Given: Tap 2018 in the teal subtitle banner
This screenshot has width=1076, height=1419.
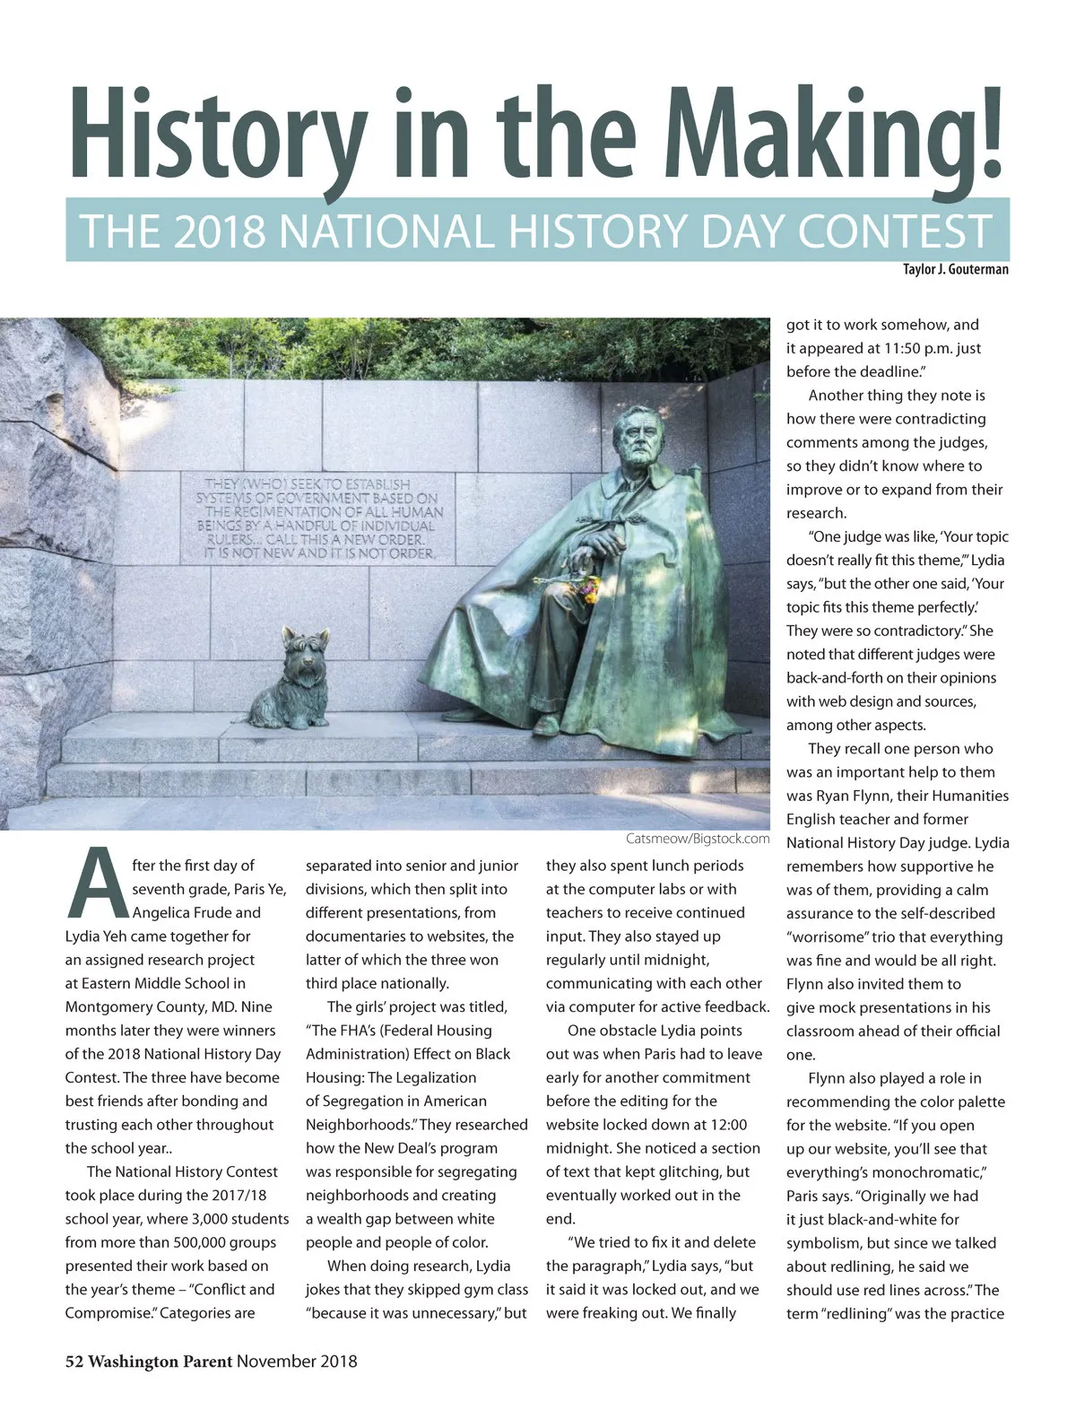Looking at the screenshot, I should coord(220,231).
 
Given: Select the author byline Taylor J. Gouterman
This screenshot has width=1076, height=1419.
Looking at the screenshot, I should coord(955,269).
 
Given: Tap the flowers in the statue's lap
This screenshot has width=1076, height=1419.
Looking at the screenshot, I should coord(587,588).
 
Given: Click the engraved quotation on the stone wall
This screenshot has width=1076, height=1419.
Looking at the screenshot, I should coord(320,518).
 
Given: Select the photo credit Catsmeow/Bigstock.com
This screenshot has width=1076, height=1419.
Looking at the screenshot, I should coord(697,839).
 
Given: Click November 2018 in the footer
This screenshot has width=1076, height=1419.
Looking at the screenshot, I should coord(297,1361).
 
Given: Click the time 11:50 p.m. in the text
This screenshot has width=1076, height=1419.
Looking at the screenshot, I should coord(924,348).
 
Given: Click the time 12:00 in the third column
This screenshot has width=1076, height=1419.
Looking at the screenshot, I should coord(725,1125).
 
